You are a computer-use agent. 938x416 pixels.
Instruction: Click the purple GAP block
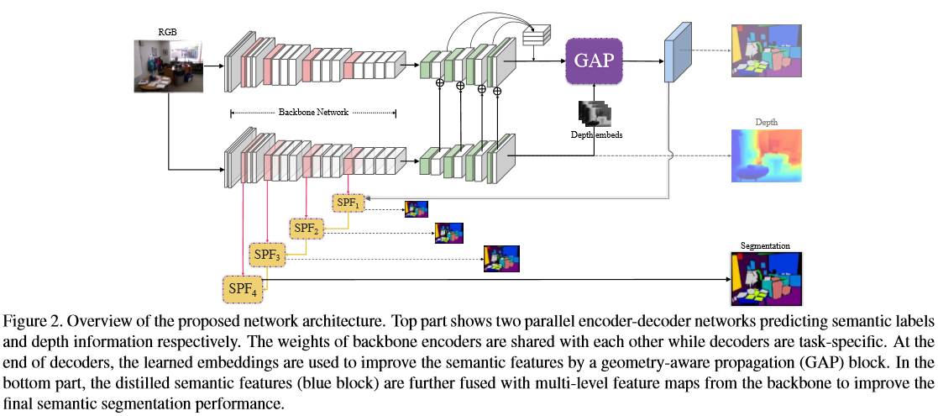click(x=594, y=61)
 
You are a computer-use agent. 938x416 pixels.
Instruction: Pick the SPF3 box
click(x=267, y=254)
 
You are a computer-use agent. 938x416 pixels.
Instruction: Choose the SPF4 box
click(x=242, y=288)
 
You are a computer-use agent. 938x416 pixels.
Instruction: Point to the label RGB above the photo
click(x=168, y=34)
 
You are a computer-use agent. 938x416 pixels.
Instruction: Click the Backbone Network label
click(x=313, y=112)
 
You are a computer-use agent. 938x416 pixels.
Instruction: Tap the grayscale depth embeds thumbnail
click(x=595, y=113)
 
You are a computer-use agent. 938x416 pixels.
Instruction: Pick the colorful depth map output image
click(x=768, y=156)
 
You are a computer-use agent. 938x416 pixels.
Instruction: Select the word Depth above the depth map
click(x=767, y=122)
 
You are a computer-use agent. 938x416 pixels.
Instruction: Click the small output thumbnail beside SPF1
click(x=417, y=209)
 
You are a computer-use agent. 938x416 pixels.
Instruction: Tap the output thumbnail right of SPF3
click(x=501, y=259)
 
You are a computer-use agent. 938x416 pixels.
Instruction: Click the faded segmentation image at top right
click(x=767, y=51)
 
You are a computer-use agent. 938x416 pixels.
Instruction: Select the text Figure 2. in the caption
click(x=29, y=322)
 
